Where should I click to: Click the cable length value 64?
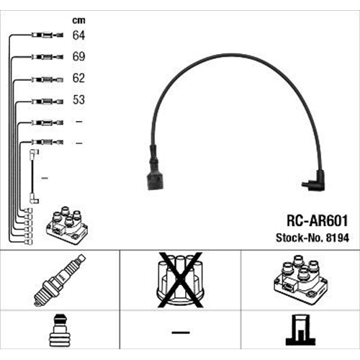(x=78, y=35)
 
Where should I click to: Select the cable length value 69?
(x=78, y=56)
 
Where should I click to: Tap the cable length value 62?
(x=78, y=78)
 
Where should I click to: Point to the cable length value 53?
(x=78, y=99)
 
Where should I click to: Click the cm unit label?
(x=78, y=20)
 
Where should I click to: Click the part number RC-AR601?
(x=318, y=220)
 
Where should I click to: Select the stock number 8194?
(x=337, y=238)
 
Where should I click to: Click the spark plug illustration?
(x=60, y=280)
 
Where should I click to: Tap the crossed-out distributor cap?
(x=180, y=280)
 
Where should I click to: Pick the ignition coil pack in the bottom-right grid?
(x=301, y=280)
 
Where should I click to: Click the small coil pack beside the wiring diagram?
(x=67, y=225)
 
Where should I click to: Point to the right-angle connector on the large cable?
(x=313, y=181)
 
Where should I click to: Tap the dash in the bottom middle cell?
(x=181, y=333)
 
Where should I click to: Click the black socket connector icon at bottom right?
(x=300, y=330)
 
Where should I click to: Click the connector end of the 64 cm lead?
(x=48, y=35)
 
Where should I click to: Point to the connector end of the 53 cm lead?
(x=48, y=102)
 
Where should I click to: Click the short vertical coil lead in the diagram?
(x=32, y=176)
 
